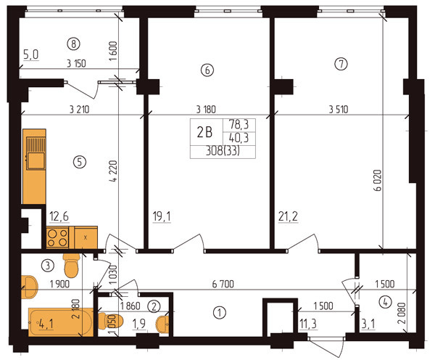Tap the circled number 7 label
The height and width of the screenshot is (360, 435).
click(341, 64)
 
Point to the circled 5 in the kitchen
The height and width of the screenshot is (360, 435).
click(80, 162)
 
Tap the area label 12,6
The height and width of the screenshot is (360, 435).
click(59, 215)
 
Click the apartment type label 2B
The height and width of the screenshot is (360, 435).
click(204, 132)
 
